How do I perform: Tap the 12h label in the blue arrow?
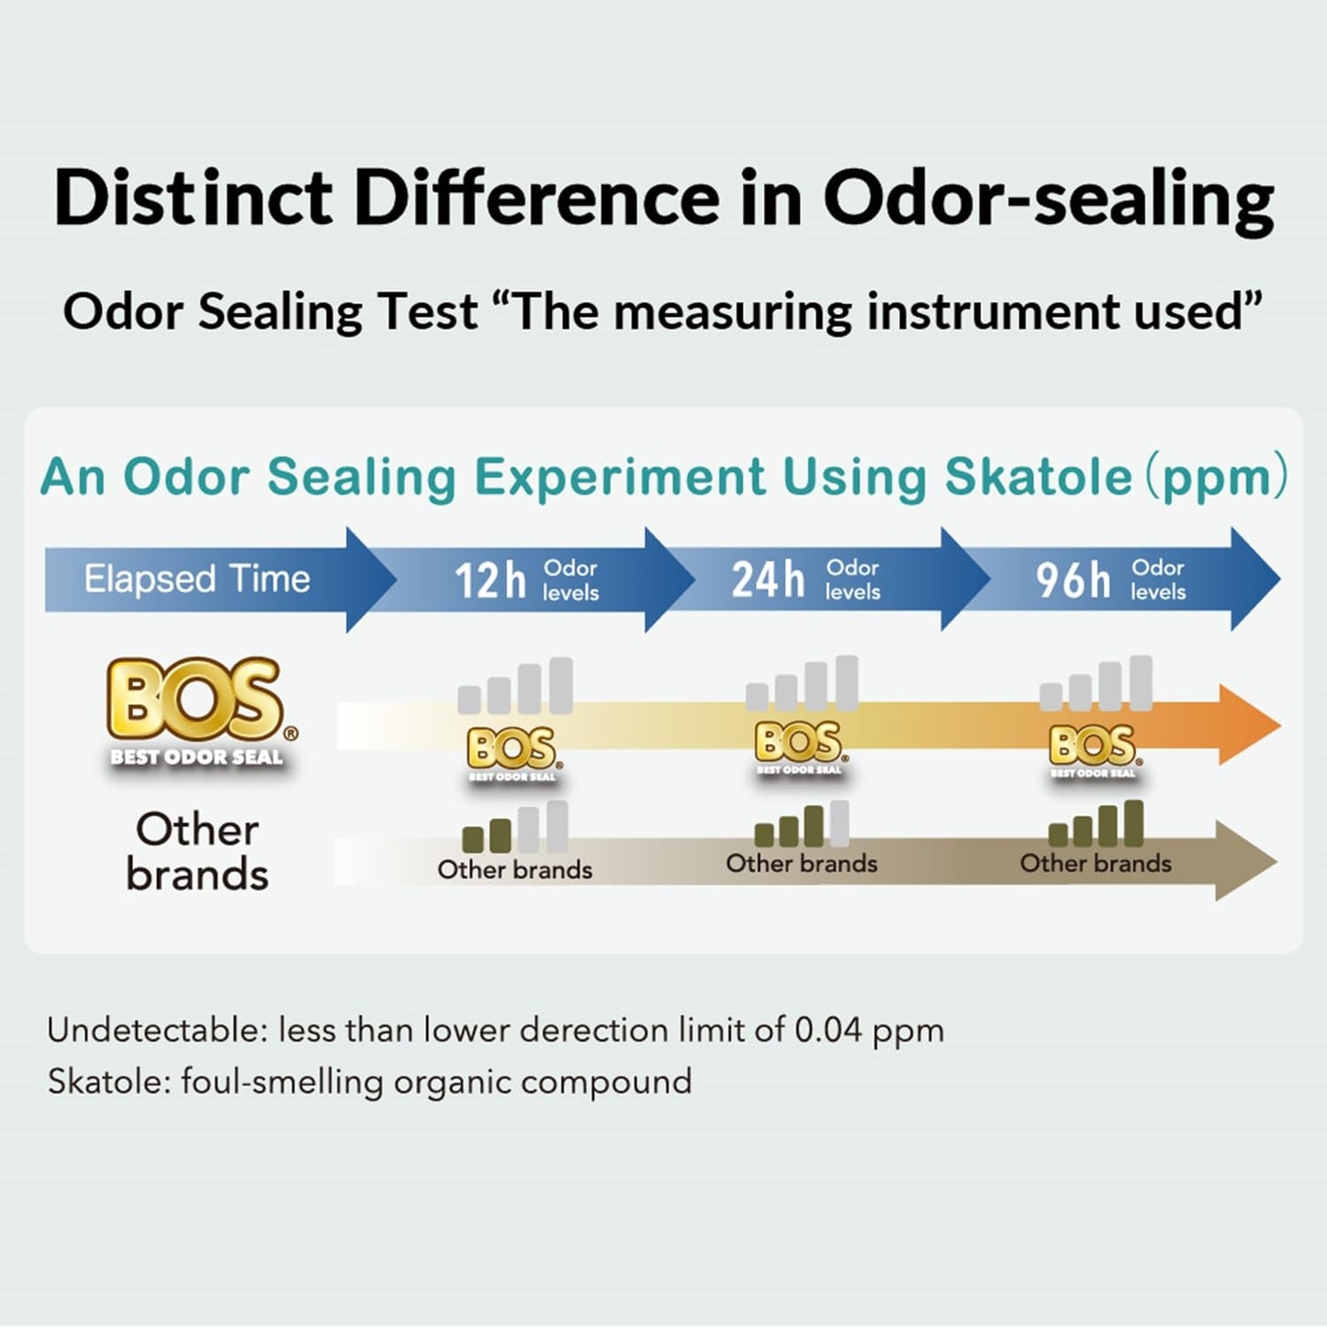pyautogui.click(x=490, y=580)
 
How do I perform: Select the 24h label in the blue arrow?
pyautogui.click(x=768, y=580)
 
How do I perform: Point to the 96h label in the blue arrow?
pyautogui.click(x=1073, y=580)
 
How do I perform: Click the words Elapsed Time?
pyautogui.click(x=197, y=579)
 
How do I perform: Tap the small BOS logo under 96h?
pyautogui.click(x=1093, y=748)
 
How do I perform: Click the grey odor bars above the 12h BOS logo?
pyautogui.click(x=515, y=687)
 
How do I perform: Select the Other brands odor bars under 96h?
pyautogui.click(x=1096, y=824)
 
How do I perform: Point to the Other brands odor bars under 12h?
pyautogui.click(x=514, y=827)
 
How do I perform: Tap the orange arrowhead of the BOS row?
pyautogui.click(x=1249, y=725)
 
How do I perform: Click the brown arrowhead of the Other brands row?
pyautogui.click(x=1245, y=861)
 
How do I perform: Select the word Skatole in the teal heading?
pyautogui.click(x=1038, y=477)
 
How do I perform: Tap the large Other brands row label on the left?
pyautogui.click(x=197, y=851)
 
